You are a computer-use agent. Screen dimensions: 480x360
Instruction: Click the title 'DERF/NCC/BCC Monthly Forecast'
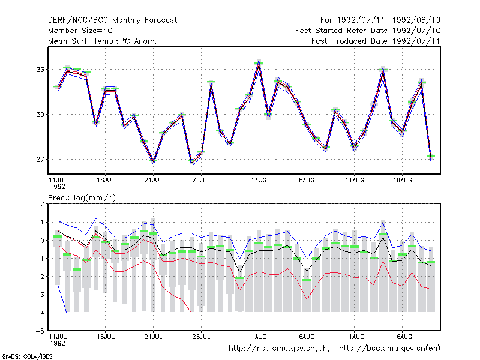point(112,20)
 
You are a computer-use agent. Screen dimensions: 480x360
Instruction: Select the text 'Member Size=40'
point(80,31)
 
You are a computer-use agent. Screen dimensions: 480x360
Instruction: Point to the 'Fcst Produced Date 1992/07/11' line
point(376,41)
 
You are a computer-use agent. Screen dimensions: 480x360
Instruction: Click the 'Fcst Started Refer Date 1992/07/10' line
point(368,31)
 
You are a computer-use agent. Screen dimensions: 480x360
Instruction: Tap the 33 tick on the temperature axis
point(40,70)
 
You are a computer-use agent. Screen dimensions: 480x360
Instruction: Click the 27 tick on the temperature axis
point(40,160)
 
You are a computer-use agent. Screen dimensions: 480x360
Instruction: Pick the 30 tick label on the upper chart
point(40,115)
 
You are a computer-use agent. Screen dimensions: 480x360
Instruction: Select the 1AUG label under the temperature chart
point(259,180)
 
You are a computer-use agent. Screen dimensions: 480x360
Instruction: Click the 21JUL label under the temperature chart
point(153,180)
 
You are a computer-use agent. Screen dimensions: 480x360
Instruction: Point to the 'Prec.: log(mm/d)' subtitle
point(82,198)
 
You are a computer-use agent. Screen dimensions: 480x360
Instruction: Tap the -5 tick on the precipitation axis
point(42,331)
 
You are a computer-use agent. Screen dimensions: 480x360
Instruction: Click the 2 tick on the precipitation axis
point(42,204)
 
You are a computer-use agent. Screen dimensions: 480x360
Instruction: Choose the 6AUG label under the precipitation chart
point(307,337)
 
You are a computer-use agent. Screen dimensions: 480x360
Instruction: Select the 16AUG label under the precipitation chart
point(402,337)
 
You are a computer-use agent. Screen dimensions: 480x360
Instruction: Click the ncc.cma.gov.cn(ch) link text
point(279,349)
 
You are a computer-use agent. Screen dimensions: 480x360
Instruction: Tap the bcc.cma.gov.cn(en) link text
point(389,349)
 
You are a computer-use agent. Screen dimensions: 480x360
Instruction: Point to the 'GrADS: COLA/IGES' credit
point(27,356)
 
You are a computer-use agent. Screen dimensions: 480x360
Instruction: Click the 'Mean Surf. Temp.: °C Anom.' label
point(103,41)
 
